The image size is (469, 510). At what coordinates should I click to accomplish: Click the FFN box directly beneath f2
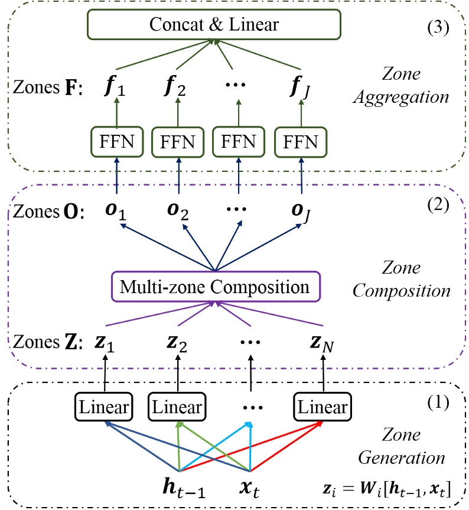point(175,143)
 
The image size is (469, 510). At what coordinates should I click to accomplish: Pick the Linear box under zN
point(323,407)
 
